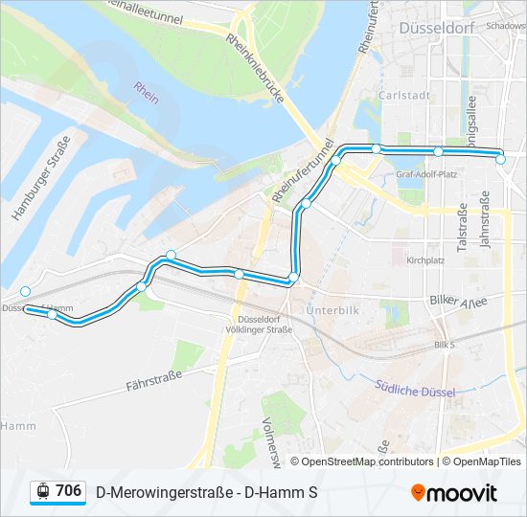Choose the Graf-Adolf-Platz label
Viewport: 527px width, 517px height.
(426, 174)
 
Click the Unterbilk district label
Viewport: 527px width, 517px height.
(332, 310)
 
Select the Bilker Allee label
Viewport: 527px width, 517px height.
(458, 301)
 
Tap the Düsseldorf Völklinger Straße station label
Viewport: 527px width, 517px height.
(260, 324)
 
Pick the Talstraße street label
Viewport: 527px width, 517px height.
(463, 227)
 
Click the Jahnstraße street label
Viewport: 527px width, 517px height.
(486, 219)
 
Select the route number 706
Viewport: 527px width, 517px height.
(69, 490)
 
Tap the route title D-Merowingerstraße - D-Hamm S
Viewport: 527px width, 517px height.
(207, 493)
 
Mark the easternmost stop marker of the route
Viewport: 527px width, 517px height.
(501, 160)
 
